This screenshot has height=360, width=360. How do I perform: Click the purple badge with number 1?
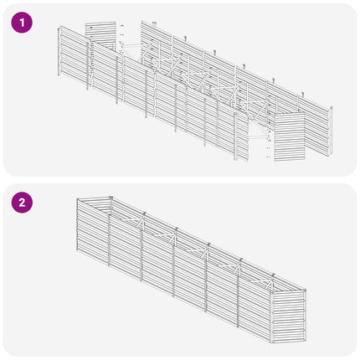[x=22, y=23]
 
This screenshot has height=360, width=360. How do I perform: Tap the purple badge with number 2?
[x=22, y=203]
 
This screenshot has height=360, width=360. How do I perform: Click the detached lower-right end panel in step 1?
[x=289, y=136]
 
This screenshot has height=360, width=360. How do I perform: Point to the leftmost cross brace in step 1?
[x=133, y=50]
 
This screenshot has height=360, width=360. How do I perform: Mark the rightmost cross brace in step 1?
[x=257, y=128]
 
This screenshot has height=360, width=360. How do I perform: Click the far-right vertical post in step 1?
[x=331, y=131]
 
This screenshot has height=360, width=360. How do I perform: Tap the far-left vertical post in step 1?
[x=59, y=51]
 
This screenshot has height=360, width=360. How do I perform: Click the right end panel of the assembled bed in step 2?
[x=289, y=316]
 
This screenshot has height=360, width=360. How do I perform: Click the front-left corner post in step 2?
[x=78, y=225]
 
